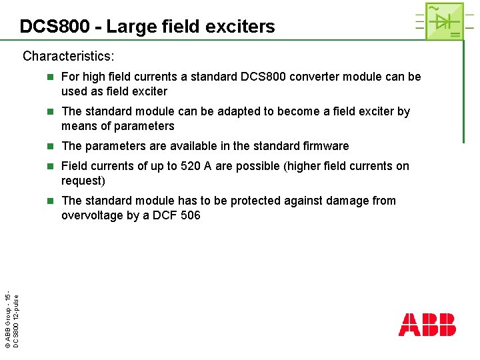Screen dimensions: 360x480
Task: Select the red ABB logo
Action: point(427,324)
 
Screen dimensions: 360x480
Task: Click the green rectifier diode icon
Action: point(444,21)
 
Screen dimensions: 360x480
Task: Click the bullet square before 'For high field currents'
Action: point(51,77)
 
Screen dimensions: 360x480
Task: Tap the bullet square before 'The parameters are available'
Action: point(51,146)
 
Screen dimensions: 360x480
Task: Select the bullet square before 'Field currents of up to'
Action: point(51,166)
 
